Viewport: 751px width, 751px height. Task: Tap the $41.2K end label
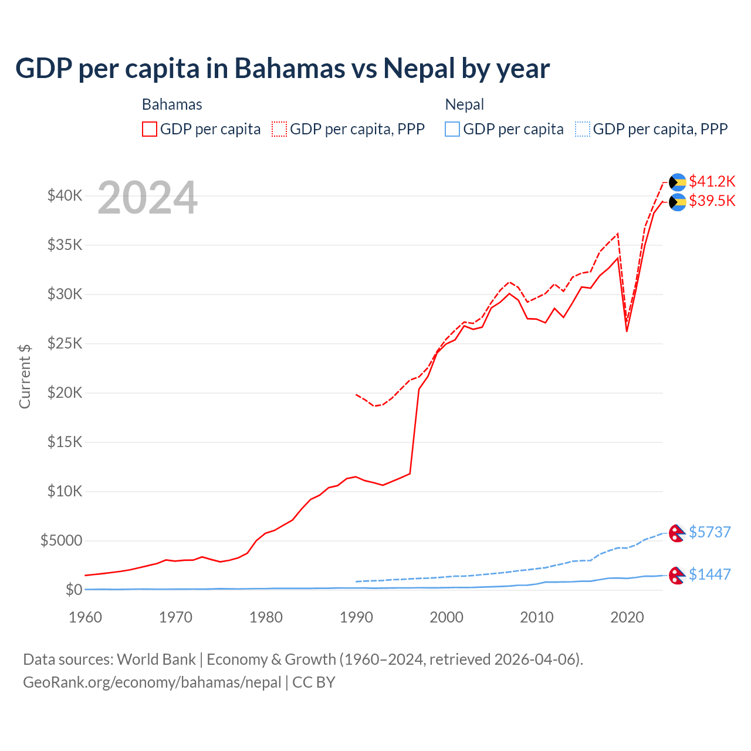pyautogui.click(x=712, y=181)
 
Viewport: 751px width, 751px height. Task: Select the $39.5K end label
pyautogui.click(x=712, y=201)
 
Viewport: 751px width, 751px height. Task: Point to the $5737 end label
pyautogui.click(x=709, y=532)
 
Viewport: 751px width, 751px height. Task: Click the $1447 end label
pyautogui.click(x=709, y=574)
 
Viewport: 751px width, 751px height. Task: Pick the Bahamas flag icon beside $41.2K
pyautogui.click(x=678, y=182)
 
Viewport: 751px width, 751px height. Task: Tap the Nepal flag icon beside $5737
pyautogui.click(x=677, y=533)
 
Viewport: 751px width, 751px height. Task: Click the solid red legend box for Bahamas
pyautogui.click(x=150, y=129)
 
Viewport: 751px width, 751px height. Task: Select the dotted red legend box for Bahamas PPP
pyautogui.click(x=279, y=129)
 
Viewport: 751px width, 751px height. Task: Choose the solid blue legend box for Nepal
pyautogui.click(x=452, y=129)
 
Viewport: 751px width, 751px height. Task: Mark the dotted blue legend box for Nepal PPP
pyautogui.click(x=583, y=129)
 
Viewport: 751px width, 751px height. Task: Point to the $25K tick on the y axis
pyautogui.click(x=65, y=343)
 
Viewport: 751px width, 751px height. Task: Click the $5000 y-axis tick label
pyautogui.click(x=61, y=540)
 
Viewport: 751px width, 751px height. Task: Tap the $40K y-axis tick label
pyautogui.click(x=65, y=195)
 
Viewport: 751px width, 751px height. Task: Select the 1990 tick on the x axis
pyautogui.click(x=356, y=617)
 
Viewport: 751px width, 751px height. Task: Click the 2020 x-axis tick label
pyautogui.click(x=627, y=617)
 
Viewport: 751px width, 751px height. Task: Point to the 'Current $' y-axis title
pyautogui.click(x=25, y=376)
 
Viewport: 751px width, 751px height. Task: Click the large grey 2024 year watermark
pyautogui.click(x=147, y=198)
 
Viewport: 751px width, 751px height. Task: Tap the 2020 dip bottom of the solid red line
pyautogui.click(x=627, y=331)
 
